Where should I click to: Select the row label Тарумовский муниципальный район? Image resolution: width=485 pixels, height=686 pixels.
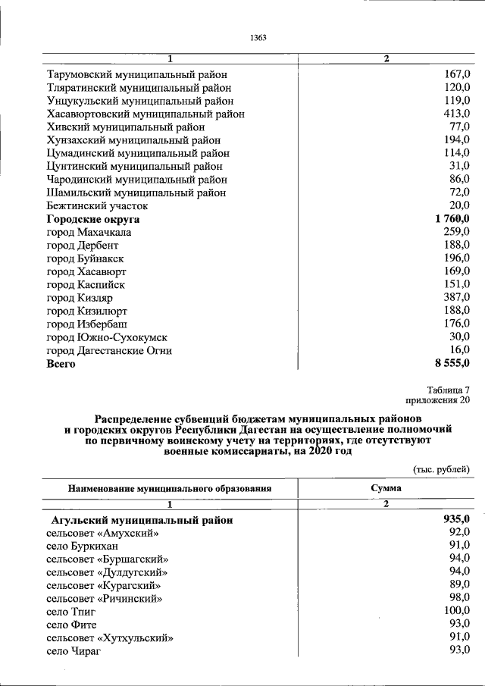[136, 74]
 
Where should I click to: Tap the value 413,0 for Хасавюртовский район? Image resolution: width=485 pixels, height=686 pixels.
[455, 114]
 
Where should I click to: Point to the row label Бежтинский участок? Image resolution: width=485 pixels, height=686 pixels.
[97, 205]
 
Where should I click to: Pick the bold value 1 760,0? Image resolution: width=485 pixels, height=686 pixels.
[452, 219]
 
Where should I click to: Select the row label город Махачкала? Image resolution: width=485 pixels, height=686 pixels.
[88, 232]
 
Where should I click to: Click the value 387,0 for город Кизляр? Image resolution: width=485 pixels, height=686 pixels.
[455, 298]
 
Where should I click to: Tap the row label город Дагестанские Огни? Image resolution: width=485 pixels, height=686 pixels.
[109, 350]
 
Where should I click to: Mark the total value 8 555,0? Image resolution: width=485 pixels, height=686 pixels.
[452, 364]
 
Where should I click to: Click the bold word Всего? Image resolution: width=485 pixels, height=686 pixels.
[61, 364]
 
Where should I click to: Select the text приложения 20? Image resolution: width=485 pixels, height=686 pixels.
[440, 400]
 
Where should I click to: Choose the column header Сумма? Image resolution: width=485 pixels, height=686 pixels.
[386, 489]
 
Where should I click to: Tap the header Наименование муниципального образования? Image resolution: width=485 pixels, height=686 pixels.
[170, 489]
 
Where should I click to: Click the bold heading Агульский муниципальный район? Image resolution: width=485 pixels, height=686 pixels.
[141, 520]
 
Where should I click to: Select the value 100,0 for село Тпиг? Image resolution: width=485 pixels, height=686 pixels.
[455, 610]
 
